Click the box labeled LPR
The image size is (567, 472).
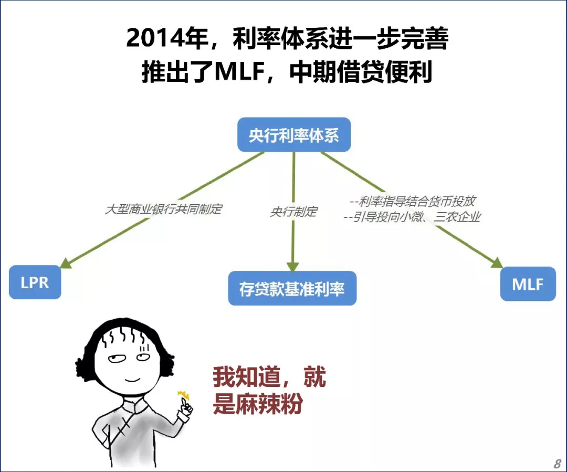[35, 282]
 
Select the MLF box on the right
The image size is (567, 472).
[528, 284]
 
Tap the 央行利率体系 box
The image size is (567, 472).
[294, 135]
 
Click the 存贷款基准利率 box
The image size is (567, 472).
[292, 288]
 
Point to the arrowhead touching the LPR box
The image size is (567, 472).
[66, 264]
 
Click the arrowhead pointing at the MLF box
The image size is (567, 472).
[497, 263]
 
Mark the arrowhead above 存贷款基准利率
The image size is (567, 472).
[292, 267]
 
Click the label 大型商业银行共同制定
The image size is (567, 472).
[163, 209]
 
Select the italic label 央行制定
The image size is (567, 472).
[293, 212]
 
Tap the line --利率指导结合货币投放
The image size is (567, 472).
[412, 201]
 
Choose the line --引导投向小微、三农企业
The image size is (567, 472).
[412, 217]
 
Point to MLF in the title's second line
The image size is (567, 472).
[239, 71]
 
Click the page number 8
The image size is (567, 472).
[557, 463]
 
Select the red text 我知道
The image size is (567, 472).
[246, 377]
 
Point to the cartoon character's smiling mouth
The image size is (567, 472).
[132, 380]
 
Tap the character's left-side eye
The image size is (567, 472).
[117, 359]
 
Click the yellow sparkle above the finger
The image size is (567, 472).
[184, 394]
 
